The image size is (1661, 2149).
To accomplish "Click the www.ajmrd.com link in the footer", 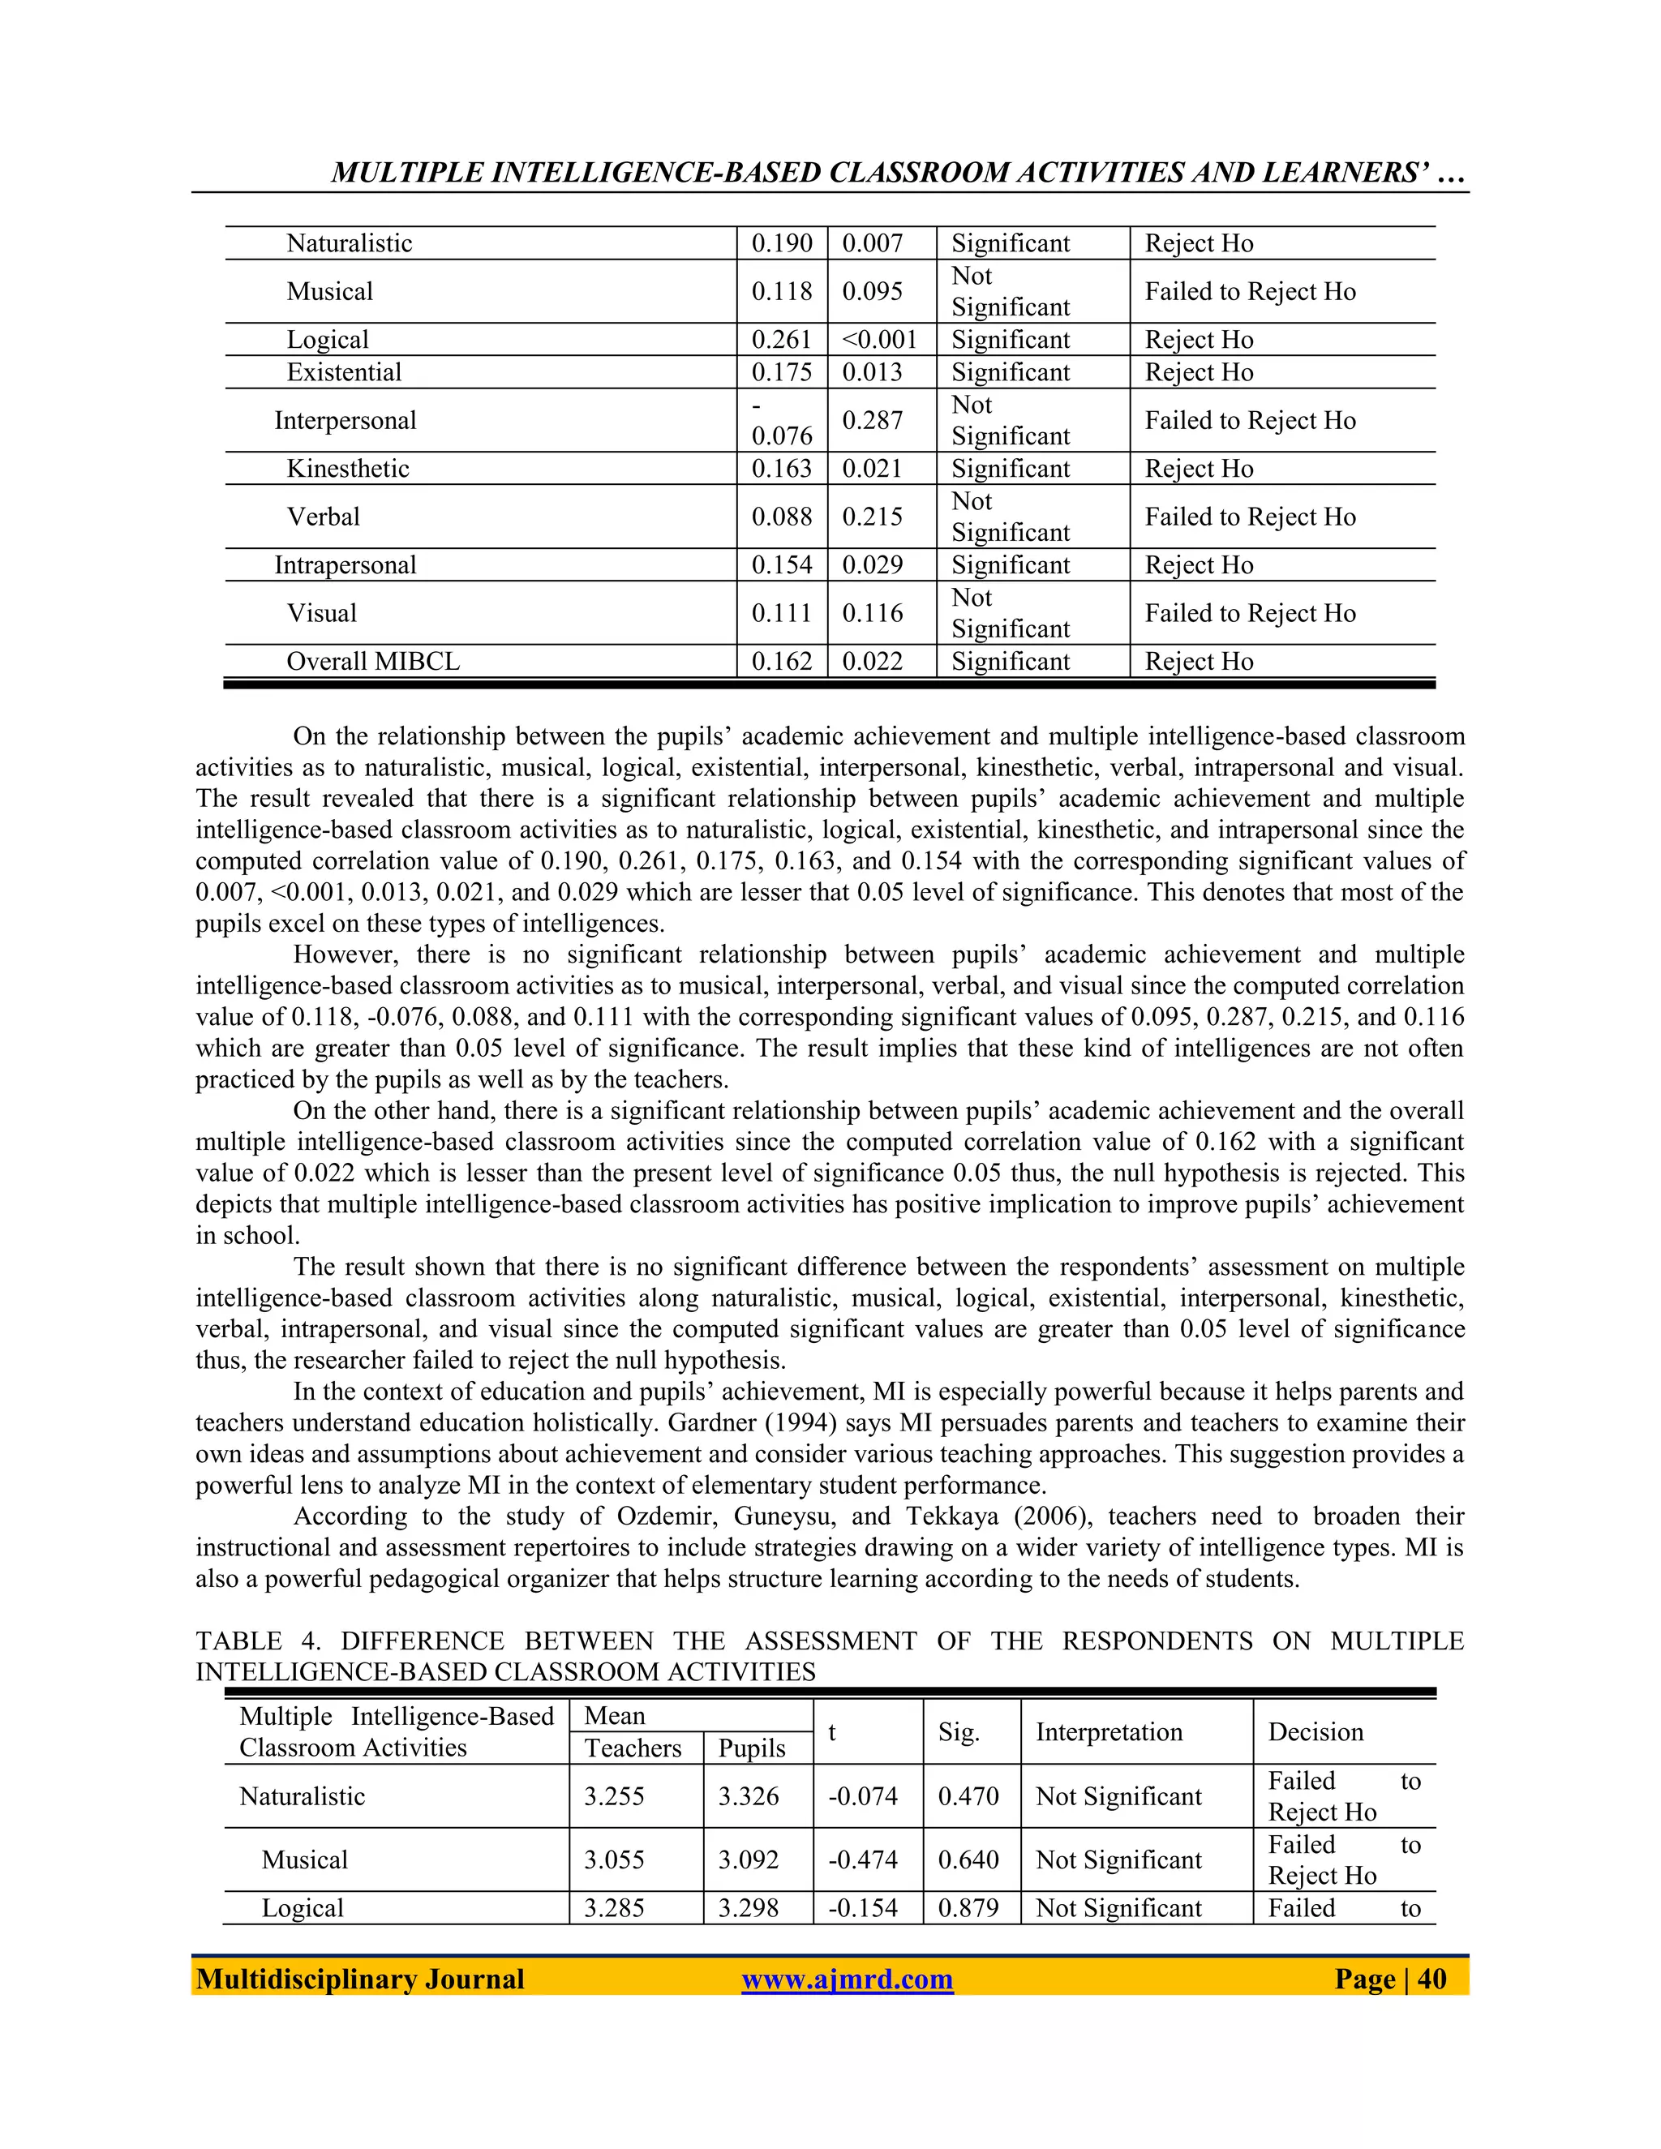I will pos(848,1979).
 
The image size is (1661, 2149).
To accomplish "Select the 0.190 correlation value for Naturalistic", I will pos(781,243).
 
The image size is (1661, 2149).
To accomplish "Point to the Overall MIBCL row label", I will pos(372,661).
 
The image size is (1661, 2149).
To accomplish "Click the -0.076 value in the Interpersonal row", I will pos(781,421).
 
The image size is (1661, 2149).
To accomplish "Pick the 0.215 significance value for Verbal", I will pos(872,517).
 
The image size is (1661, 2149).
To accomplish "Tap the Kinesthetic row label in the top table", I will pos(347,469).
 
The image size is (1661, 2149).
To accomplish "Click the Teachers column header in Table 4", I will pos(633,1748).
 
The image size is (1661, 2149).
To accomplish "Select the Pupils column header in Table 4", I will pos(752,1748).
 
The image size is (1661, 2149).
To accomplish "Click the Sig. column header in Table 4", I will pos(959,1732).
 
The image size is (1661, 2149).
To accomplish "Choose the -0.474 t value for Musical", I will pos(863,1859).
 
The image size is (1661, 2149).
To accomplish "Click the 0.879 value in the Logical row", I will pos(968,1908).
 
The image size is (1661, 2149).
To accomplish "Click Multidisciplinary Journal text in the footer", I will pos(360,1979).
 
